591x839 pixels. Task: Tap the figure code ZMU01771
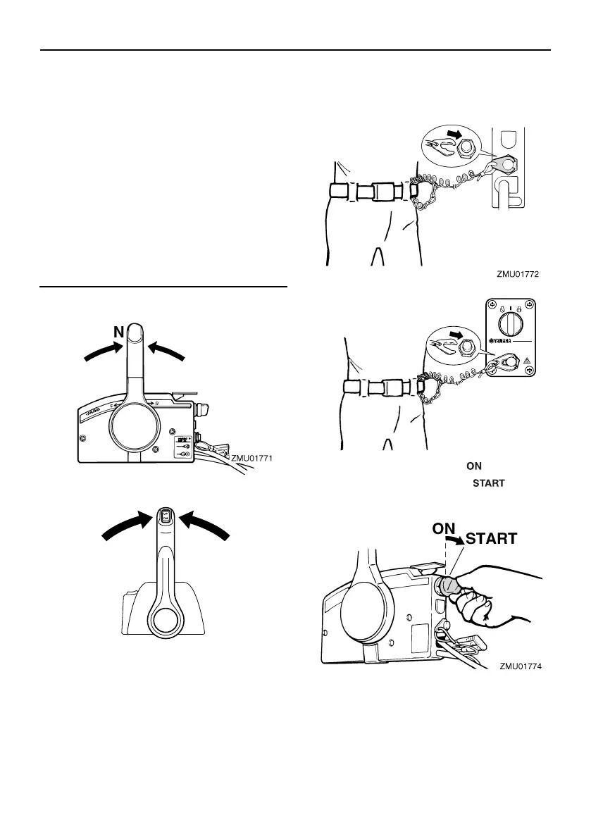point(251,459)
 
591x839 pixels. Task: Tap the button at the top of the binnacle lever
point(166,516)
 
